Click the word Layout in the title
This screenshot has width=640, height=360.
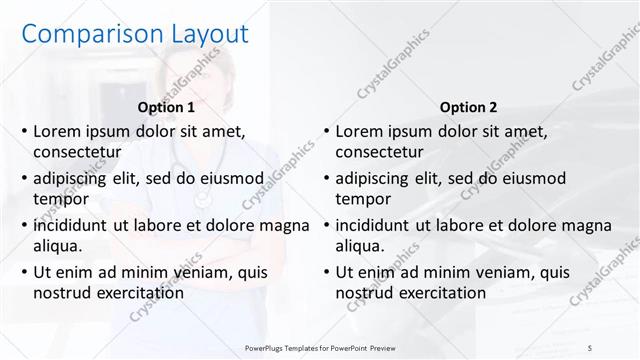click(x=201, y=34)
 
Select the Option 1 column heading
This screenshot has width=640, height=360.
click(x=166, y=106)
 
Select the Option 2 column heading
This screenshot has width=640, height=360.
click(x=468, y=106)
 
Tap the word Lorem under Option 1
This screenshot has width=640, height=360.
click(x=57, y=131)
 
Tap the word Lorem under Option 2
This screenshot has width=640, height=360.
click(x=359, y=131)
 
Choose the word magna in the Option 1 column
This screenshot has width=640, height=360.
click(x=286, y=225)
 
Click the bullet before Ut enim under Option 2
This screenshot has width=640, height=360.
click(x=325, y=272)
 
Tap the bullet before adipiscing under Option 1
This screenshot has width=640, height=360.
click(x=23, y=178)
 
